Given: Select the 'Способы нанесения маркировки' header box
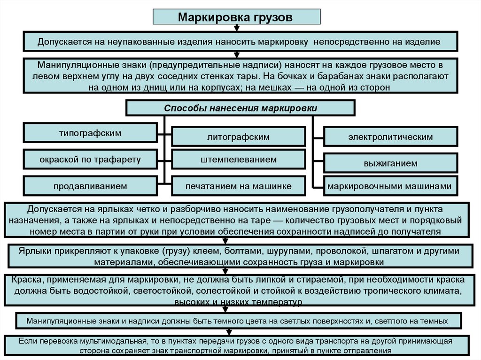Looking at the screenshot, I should click(240, 108).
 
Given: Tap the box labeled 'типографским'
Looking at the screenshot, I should click(90, 133).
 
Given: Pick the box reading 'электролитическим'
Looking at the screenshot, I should click(390, 137).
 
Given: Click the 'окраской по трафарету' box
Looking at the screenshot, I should click(90, 160).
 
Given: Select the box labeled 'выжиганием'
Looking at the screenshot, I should click(390, 163).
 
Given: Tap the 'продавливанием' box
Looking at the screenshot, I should click(90, 186).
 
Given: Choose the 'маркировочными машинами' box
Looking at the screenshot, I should click(390, 186).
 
